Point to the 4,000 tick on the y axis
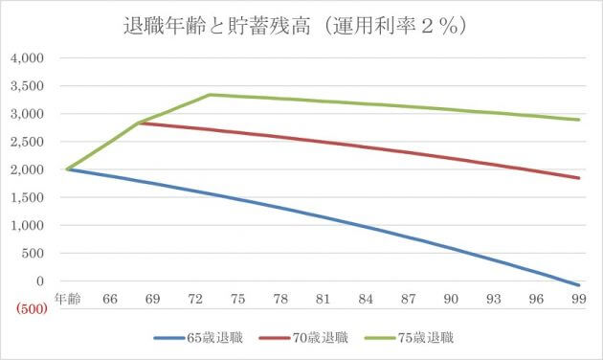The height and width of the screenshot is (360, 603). [x=29, y=57]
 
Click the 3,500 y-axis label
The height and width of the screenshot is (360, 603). [x=29, y=86]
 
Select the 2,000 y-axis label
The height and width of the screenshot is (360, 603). [x=29, y=169]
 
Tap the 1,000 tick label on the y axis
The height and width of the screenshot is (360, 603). [x=29, y=226]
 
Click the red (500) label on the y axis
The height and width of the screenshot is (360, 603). [x=29, y=308]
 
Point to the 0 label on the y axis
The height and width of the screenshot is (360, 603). [x=41, y=281]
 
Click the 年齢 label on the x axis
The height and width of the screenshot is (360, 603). [x=67, y=300]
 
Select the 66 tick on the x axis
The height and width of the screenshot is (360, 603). [x=109, y=300]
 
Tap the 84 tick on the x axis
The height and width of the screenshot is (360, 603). [x=365, y=300]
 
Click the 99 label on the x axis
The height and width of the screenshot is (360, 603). [x=578, y=300]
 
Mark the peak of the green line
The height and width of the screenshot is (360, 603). [x=210, y=95]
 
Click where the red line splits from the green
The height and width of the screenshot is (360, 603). [x=140, y=123]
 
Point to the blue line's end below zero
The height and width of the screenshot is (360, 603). [x=578, y=285]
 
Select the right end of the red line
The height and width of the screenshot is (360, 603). [x=578, y=178]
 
